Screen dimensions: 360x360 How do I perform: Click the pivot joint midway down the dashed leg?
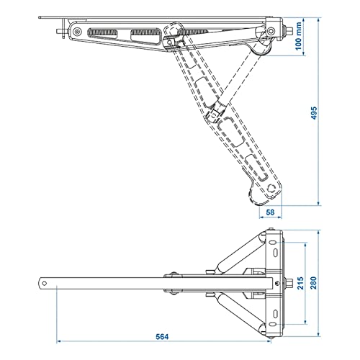214,112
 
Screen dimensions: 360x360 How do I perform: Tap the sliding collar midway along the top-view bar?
174,283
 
